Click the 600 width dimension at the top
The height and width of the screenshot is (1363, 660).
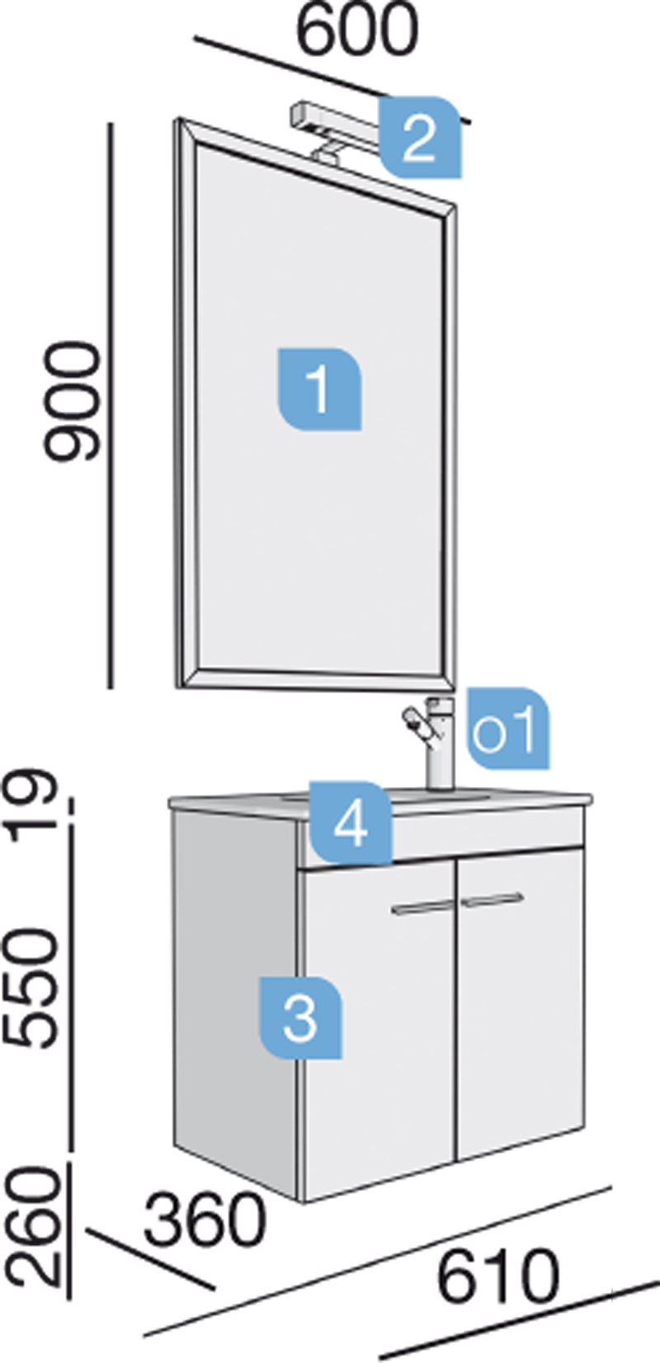point(357,30)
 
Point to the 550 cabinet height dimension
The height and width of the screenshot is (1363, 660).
point(35,988)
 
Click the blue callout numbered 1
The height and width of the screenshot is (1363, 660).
point(320,389)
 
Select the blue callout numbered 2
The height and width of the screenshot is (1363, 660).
point(420,138)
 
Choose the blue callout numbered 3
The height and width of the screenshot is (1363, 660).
point(300,1017)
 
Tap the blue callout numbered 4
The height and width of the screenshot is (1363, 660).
point(351,823)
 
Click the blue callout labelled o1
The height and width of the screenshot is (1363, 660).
point(508,728)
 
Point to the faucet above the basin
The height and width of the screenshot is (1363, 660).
point(432,743)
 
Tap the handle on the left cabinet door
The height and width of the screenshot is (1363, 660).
point(422,908)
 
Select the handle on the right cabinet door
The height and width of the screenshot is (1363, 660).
point(492,900)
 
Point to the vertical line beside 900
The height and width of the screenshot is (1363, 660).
point(111,406)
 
